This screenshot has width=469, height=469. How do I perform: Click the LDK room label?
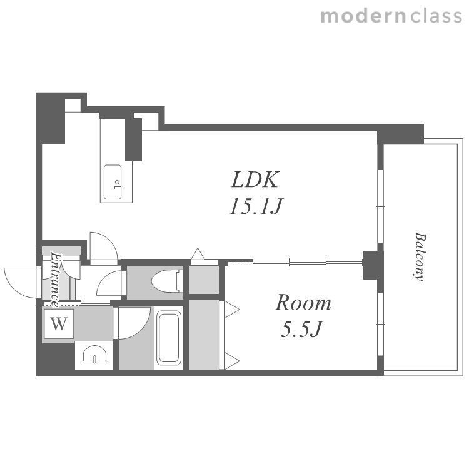[x=255, y=179]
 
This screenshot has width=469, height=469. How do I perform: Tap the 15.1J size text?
[x=256, y=206]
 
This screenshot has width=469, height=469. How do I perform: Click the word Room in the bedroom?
[x=303, y=303]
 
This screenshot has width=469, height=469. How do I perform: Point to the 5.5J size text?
[x=301, y=329]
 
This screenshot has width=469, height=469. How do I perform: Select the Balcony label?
[x=420, y=256]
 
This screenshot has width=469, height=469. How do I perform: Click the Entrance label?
[x=55, y=280]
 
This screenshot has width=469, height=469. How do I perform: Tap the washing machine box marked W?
[x=59, y=323]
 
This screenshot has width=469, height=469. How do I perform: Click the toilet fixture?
[x=167, y=281]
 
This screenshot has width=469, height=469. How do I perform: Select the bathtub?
[x=169, y=338]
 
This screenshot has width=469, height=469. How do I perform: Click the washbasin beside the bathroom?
[x=94, y=354]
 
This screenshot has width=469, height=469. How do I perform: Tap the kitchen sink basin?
[x=113, y=182]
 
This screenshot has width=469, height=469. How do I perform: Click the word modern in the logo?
[x=363, y=16]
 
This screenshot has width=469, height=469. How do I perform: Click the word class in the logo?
[x=436, y=16]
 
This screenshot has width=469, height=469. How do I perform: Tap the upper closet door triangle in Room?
[x=232, y=309]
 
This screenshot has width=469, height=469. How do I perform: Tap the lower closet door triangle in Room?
[x=232, y=361]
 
